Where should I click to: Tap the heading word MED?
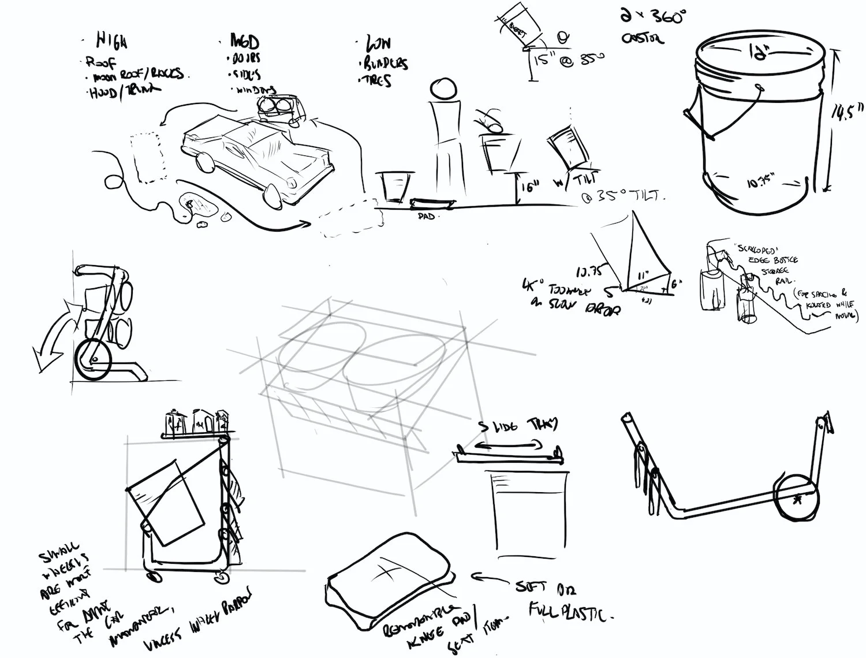245,42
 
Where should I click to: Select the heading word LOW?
378,43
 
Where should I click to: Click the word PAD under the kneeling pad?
427,216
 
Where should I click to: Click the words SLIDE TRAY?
519,426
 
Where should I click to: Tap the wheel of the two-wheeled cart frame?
797,500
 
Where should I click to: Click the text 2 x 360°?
652,17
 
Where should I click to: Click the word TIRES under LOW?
378,81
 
